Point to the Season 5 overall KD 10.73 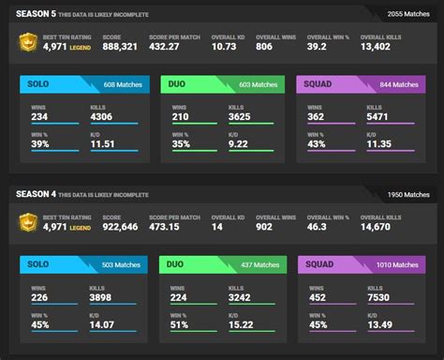[224, 45]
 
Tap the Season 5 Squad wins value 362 [318, 115]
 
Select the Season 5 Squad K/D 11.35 [380, 143]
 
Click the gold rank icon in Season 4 [27, 222]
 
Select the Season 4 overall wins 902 [289, 226]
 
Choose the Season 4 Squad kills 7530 [379, 296]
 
